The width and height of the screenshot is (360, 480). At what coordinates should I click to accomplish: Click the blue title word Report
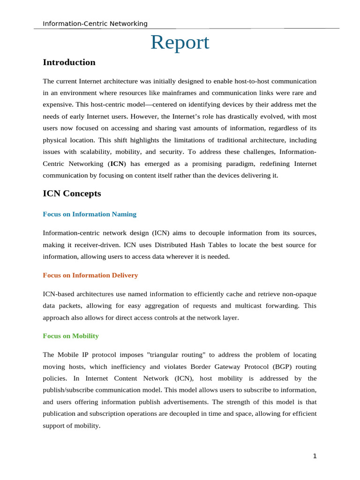point(180,43)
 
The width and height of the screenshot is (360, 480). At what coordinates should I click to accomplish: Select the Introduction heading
point(69,62)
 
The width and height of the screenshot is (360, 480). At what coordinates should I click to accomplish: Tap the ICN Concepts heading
point(72,193)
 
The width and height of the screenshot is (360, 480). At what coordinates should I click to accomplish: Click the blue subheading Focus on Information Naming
point(90,214)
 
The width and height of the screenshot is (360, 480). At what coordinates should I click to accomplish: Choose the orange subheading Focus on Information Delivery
point(90,275)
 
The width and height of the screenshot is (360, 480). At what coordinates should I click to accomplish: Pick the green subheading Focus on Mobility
point(71,336)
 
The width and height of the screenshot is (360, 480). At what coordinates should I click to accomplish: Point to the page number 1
point(315,457)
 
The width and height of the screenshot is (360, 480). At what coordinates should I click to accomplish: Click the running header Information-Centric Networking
point(95,23)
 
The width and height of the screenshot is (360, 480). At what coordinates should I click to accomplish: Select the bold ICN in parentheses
point(117,164)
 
